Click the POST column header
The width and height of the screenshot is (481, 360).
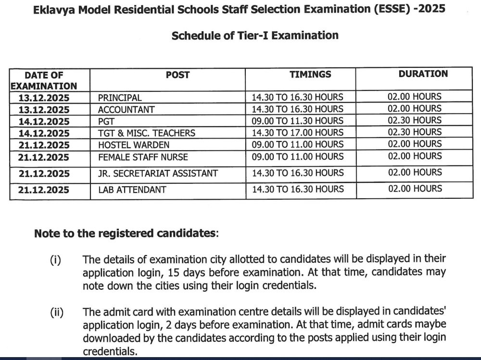point(177,75)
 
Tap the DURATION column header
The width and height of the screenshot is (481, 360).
point(423,74)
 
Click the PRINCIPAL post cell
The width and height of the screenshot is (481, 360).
point(120,98)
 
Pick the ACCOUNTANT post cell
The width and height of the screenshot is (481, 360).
point(126,110)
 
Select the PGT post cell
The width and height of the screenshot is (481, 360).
point(106,121)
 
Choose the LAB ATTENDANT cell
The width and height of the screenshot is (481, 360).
point(132,190)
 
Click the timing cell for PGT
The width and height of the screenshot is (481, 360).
point(298,121)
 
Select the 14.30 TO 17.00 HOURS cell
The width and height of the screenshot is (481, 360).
point(298,133)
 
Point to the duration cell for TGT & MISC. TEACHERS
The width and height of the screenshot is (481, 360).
point(415,132)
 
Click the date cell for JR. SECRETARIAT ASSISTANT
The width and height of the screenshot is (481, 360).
point(44,173)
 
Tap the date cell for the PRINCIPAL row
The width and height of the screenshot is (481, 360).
point(44,98)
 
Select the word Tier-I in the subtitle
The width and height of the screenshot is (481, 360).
point(253,35)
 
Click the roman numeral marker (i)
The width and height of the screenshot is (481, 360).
point(55,260)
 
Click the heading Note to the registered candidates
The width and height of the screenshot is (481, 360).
point(126,233)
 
